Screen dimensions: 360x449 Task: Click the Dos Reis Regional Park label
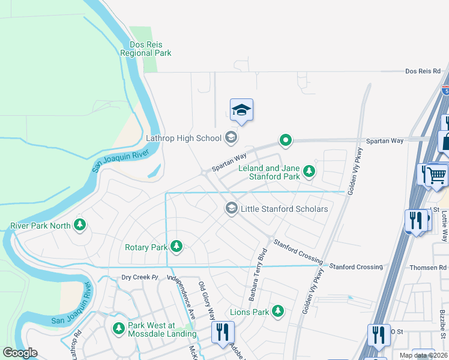[x=145, y=49]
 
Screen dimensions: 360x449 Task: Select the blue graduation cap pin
[x=241, y=110]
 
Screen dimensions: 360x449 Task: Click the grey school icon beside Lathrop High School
[x=231, y=138]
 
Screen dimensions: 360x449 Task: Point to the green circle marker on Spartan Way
[x=286, y=141]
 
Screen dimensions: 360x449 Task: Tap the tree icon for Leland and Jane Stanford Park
[x=309, y=172]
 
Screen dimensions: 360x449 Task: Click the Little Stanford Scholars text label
[x=284, y=208]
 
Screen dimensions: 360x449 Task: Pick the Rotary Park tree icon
[x=176, y=246]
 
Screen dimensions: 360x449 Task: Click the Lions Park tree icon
[x=277, y=311]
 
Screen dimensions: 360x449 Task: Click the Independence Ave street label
[x=181, y=297]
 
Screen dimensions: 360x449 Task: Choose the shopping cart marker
[x=436, y=175]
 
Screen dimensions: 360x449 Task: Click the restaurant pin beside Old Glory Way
[x=222, y=332]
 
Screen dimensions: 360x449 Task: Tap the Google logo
[x=20, y=353]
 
